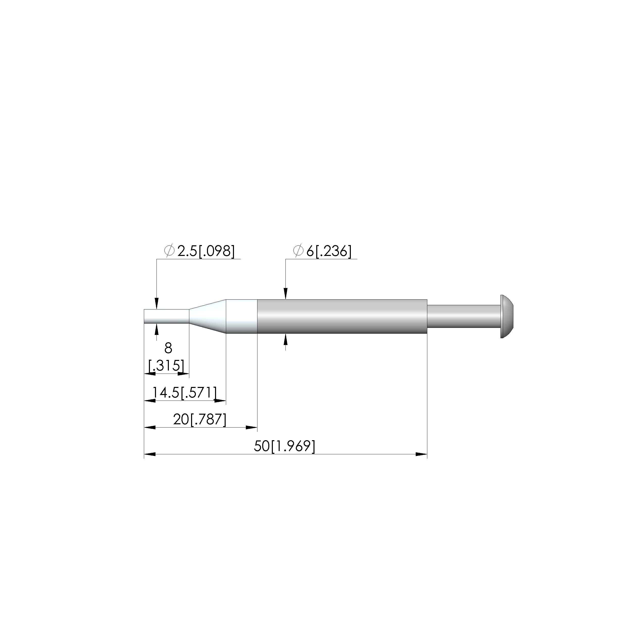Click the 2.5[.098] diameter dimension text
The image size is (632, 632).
pyautogui.click(x=206, y=251)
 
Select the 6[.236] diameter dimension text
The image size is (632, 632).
pyautogui.click(x=329, y=251)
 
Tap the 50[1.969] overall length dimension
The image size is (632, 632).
pyautogui.click(x=284, y=446)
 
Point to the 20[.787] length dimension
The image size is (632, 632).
pyautogui.click(x=200, y=419)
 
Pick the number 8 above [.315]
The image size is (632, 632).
pyautogui.click(x=168, y=348)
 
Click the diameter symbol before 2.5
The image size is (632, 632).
pyautogui.click(x=169, y=251)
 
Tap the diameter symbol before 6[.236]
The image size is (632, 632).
pyautogui.click(x=298, y=251)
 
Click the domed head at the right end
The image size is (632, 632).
pyautogui.click(x=507, y=316)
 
